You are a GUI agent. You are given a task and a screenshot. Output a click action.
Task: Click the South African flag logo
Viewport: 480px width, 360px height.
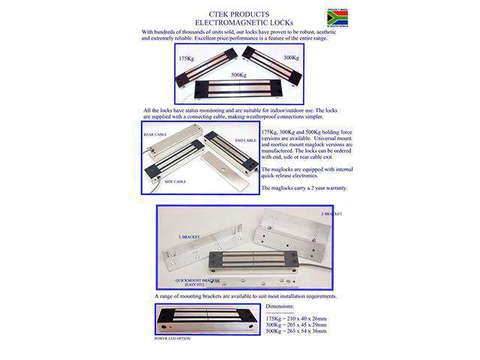(337, 16)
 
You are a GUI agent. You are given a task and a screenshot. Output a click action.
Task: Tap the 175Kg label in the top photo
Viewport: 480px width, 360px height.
(187, 58)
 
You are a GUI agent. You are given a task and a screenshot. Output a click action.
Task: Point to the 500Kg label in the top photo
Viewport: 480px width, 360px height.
(238, 75)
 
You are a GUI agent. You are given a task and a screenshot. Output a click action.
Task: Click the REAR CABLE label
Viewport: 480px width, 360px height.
(155, 135)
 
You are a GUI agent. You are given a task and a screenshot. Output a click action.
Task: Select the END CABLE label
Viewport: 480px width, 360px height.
(244, 140)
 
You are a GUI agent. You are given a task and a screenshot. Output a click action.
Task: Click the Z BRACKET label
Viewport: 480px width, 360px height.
(330, 214)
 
